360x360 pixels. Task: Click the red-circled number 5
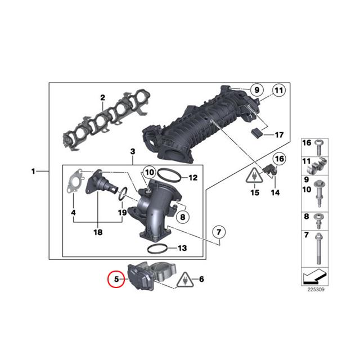pyautogui.click(x=116, y=279)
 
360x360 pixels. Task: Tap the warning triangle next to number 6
pyautogui.click(x=185, y=280)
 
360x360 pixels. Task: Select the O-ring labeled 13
pyautogui.click(x=157, y=249)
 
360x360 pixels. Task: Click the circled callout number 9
pyautogui.click(x=256, y=90)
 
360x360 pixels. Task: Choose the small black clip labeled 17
pyautogui.click(x=256, y=133)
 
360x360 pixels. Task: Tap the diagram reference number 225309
pyautogui.click(x=316, y=290)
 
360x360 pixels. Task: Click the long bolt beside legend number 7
pyautogui.click(x=318, y=249)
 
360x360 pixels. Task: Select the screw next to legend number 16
pyautogui.click(x=318, y=147)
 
